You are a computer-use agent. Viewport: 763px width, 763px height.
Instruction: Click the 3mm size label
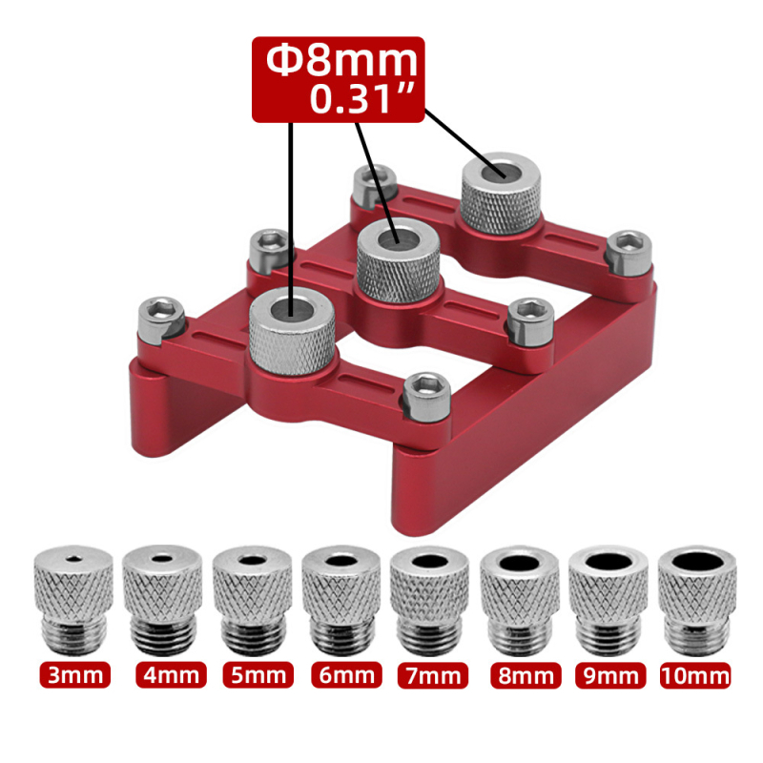click(75, 675)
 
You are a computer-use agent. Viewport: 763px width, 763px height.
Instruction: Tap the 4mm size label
click(171, 675)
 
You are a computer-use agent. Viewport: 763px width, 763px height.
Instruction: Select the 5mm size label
click(258, 675)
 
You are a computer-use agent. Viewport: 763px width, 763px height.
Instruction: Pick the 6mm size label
click(346, 675)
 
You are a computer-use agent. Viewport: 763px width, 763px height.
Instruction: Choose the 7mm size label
click(433, 675)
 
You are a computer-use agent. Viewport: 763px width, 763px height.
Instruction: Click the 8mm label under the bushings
click(526, 675)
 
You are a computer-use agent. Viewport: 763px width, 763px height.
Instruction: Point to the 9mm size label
click(610, 675)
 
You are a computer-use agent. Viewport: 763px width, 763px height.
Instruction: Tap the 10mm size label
click(695, 675)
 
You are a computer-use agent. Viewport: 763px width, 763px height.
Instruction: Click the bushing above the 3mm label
click(73, 601)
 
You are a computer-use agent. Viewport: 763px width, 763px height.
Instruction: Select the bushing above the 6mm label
click(341, 601)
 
